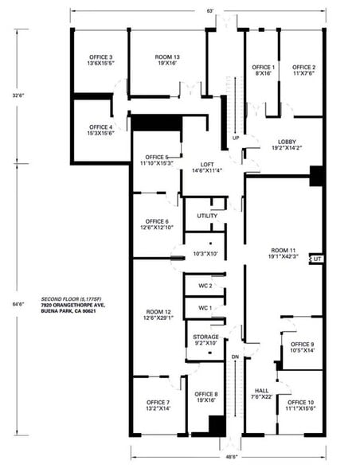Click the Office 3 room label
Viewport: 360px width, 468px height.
pos(100,60)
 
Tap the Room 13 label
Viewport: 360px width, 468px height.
pos(166,60)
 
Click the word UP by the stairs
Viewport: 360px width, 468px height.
pos(236,138)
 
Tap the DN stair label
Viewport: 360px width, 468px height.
pos(234,357)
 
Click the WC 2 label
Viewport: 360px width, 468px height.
pos(205,285)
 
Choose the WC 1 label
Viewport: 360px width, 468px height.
pos(205,307)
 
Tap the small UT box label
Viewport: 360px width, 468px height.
pos(316,259)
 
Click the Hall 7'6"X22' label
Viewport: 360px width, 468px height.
pos(262,393)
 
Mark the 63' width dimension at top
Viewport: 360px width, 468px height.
pos(210,10)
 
